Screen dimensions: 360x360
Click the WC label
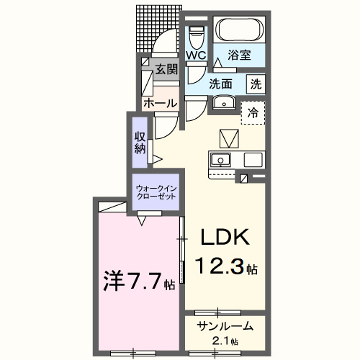(197, 55)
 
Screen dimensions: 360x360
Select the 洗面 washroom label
(223, 84)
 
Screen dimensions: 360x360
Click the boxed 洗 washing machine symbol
(256, 84)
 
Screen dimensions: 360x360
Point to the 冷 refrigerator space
(253, 112)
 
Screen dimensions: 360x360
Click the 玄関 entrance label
(166, 69)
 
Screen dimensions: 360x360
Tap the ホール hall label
(160, 103)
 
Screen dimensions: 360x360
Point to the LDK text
(223, 238)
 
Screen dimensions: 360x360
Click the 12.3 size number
(220, 268)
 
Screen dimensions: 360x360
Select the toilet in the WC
(196, 35)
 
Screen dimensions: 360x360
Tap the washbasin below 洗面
(225, 102)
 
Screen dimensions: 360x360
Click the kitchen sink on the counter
(220, 160)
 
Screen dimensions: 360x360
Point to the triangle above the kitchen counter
(228, 137)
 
